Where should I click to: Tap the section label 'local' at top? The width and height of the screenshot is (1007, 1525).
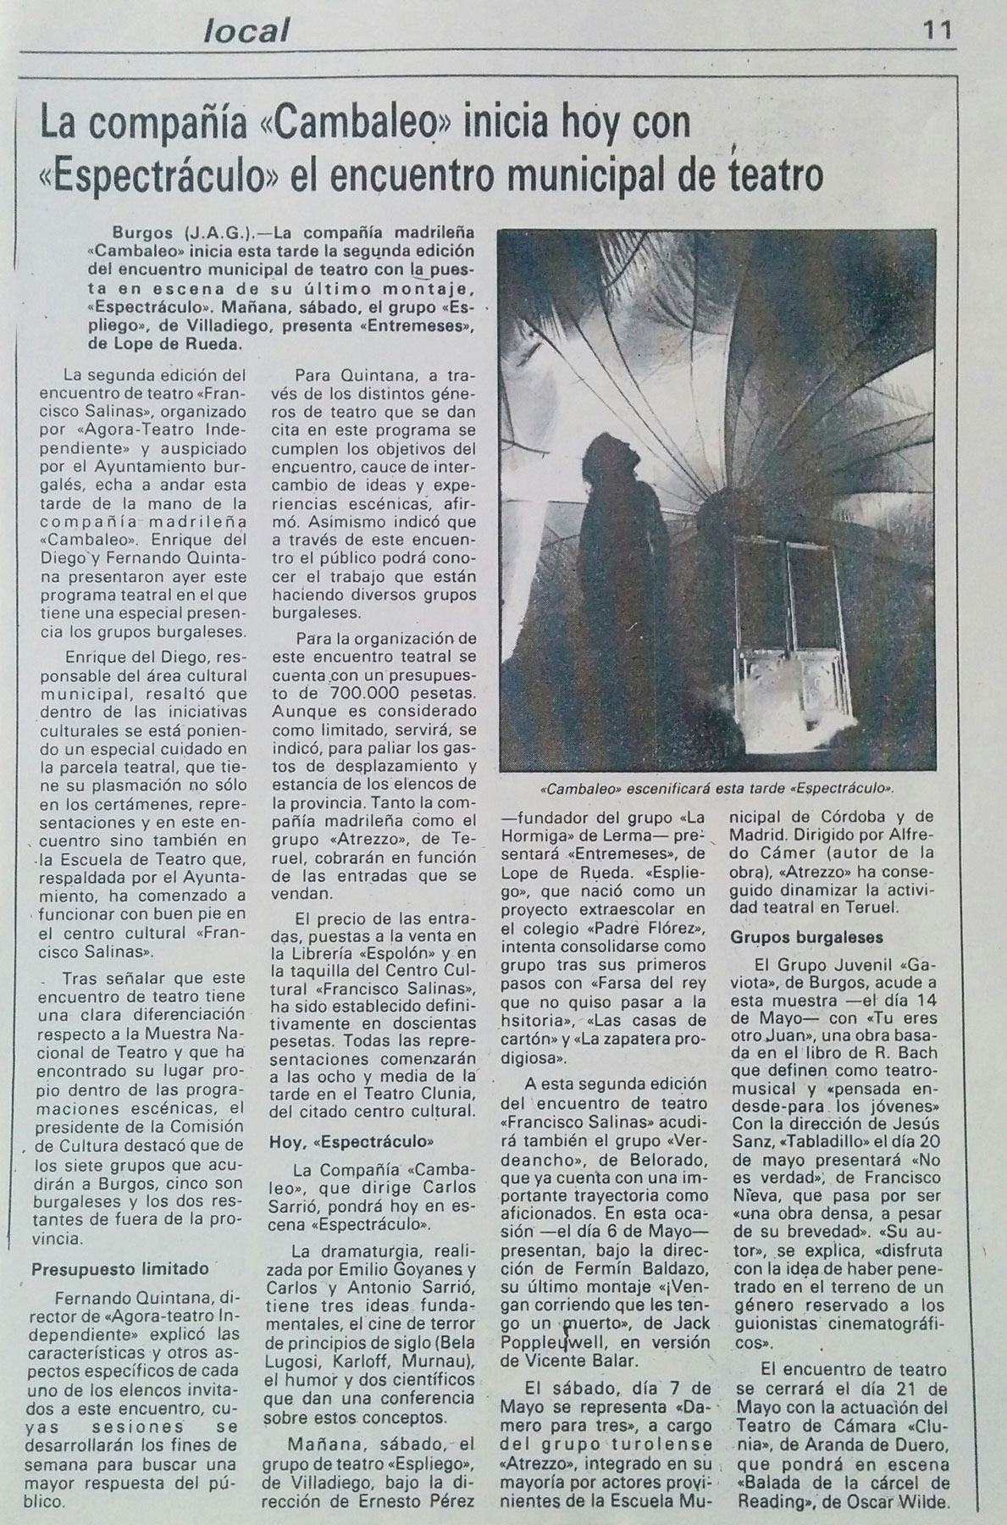(x=246, y=31)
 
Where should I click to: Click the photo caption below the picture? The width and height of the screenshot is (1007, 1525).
(x=717, y=787)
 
